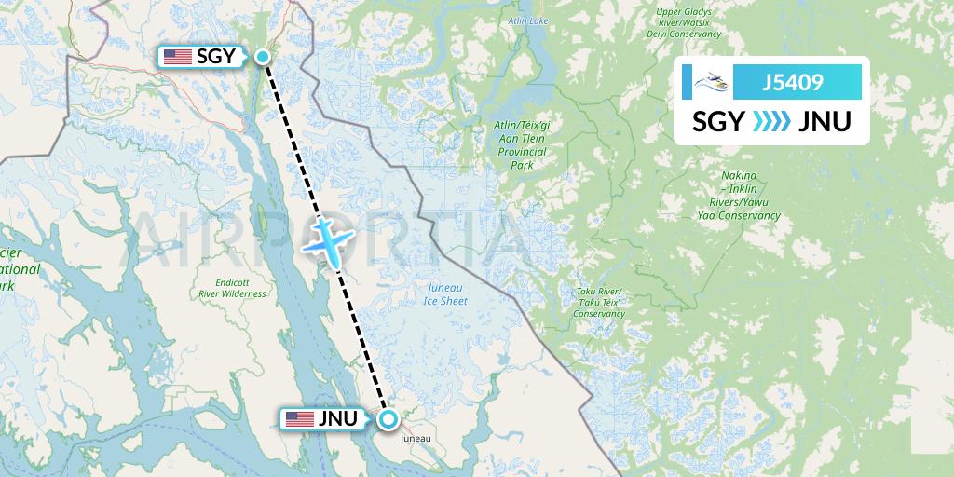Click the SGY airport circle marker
pos(264,57)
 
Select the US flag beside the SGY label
pos(177,57)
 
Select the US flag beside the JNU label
pos(299,419)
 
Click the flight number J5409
pos(792,83)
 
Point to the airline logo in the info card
pos(708,83)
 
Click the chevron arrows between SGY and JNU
pos(770,121)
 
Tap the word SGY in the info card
pos(717,121)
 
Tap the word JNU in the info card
pos(825,121)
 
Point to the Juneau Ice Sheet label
pos(443,294)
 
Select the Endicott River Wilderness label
pos(232,288)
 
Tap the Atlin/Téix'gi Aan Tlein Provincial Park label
pos(521,143)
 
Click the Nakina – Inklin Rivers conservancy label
pos(743,196)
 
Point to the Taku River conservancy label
pos(598,303)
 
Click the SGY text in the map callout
pos(215,57)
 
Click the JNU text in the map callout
pos(337,419)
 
